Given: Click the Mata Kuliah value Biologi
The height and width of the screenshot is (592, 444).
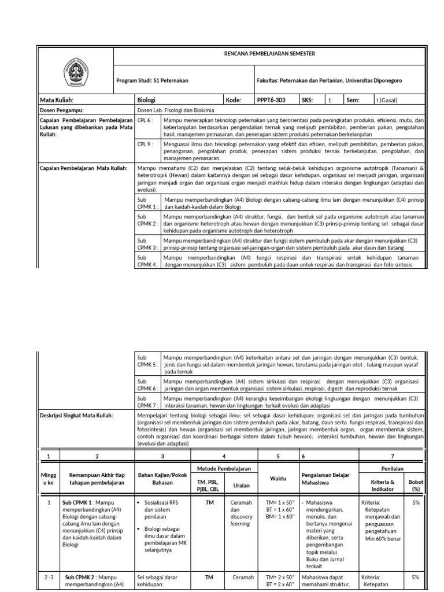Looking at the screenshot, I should [x=145, y=100].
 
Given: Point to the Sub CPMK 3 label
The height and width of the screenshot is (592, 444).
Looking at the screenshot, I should [x=145, y=243].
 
